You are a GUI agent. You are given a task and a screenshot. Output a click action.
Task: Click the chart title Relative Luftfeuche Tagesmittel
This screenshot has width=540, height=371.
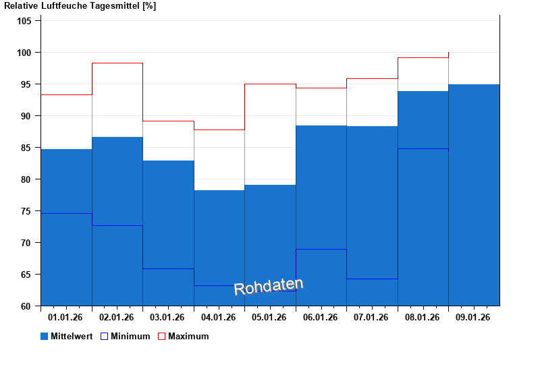(80, 6)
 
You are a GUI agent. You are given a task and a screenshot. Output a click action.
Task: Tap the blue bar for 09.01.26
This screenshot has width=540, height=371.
(474, 195)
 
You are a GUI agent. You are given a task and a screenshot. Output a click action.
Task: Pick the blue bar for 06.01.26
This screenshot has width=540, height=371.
(321, 216)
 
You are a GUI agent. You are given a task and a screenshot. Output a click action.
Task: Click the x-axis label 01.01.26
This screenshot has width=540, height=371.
(66, 317)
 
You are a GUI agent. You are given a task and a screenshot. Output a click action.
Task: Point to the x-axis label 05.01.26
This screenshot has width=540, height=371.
(270, 317)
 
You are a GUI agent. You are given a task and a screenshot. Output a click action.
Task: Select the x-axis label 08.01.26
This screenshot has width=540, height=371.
(423, 317)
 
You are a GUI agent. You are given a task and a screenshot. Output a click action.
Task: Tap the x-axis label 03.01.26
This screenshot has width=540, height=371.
(168, 317)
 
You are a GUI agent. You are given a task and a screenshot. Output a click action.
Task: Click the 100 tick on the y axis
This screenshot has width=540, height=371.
(24, 53)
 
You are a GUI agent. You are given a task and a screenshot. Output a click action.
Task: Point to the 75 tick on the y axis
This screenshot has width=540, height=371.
(26, 211)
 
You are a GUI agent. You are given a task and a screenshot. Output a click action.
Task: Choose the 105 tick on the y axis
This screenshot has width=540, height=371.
(24, 21)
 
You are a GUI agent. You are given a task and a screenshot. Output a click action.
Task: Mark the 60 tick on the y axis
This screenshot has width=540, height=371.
(26, 306)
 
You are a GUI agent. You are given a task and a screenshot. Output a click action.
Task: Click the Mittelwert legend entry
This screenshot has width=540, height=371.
(67, 336)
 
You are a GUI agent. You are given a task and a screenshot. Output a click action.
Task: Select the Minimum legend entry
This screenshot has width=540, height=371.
(125, 336)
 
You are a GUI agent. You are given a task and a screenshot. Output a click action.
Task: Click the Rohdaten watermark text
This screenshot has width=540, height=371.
(269, 287)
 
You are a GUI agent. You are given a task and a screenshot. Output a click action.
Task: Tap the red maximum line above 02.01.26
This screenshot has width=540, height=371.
(117, 63)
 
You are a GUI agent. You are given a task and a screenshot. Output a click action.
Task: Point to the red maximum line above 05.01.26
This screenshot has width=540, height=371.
(270, 84)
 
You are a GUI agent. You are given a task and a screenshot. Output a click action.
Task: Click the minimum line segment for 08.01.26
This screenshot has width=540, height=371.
(423, 148)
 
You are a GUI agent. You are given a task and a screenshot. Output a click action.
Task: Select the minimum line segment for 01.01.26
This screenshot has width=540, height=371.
(66, 213)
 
